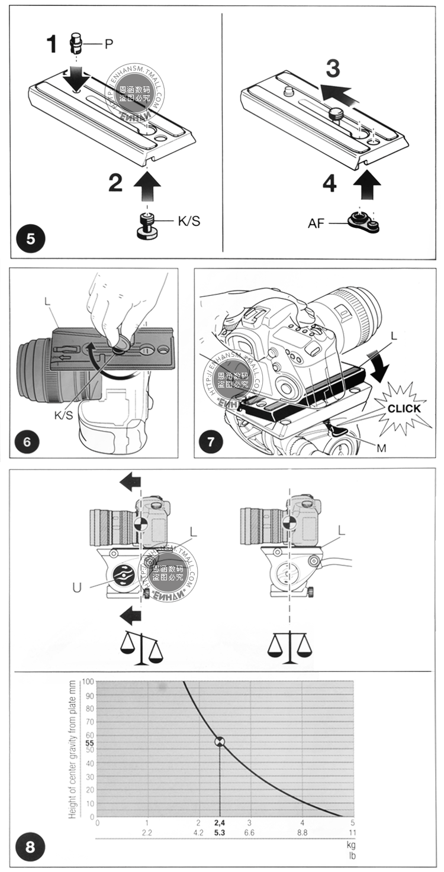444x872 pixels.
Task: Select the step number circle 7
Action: (211, 442)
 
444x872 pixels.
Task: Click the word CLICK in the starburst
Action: (404, 408)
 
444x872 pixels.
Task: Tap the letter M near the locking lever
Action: (381, 448)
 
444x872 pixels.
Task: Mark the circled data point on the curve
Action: (220, 742)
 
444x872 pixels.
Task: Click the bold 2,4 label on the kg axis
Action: (220, 823)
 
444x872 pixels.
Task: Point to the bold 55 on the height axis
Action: (89, 742)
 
